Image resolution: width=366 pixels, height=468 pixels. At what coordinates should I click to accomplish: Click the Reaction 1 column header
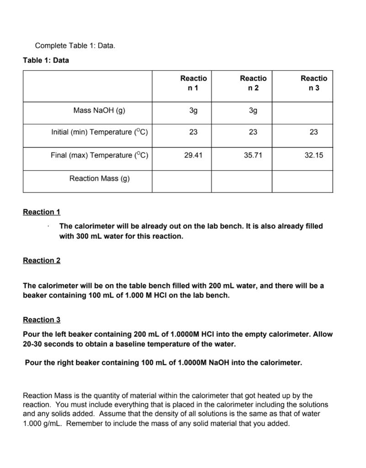193,83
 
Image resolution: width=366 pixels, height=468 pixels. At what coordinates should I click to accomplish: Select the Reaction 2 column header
253,83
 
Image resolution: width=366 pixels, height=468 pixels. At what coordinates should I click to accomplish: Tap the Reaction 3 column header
313,83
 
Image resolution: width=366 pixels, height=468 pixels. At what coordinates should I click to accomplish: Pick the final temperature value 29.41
193,155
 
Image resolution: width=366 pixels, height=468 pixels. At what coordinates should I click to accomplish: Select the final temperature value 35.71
253,155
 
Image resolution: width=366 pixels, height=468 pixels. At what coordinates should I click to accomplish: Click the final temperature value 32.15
313,155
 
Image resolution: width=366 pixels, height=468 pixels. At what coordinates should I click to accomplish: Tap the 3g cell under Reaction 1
193,110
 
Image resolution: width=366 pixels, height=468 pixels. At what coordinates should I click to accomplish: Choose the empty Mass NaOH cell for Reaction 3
302,112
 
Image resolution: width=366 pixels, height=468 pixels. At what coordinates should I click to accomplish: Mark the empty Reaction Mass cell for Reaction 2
242,181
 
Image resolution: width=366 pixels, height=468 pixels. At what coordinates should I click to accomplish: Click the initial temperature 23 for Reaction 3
313,132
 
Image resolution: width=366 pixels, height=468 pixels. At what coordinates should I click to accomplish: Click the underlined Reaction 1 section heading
42,212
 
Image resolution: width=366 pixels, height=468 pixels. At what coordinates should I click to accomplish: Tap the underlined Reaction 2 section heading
42,261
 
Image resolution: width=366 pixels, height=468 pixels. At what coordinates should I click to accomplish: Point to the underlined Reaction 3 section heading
42,320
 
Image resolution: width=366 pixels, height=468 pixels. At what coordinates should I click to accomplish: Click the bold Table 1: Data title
46,60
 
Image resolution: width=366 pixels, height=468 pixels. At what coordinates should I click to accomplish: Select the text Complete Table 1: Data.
75,46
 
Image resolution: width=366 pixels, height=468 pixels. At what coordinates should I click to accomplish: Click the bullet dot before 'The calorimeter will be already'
48,227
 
